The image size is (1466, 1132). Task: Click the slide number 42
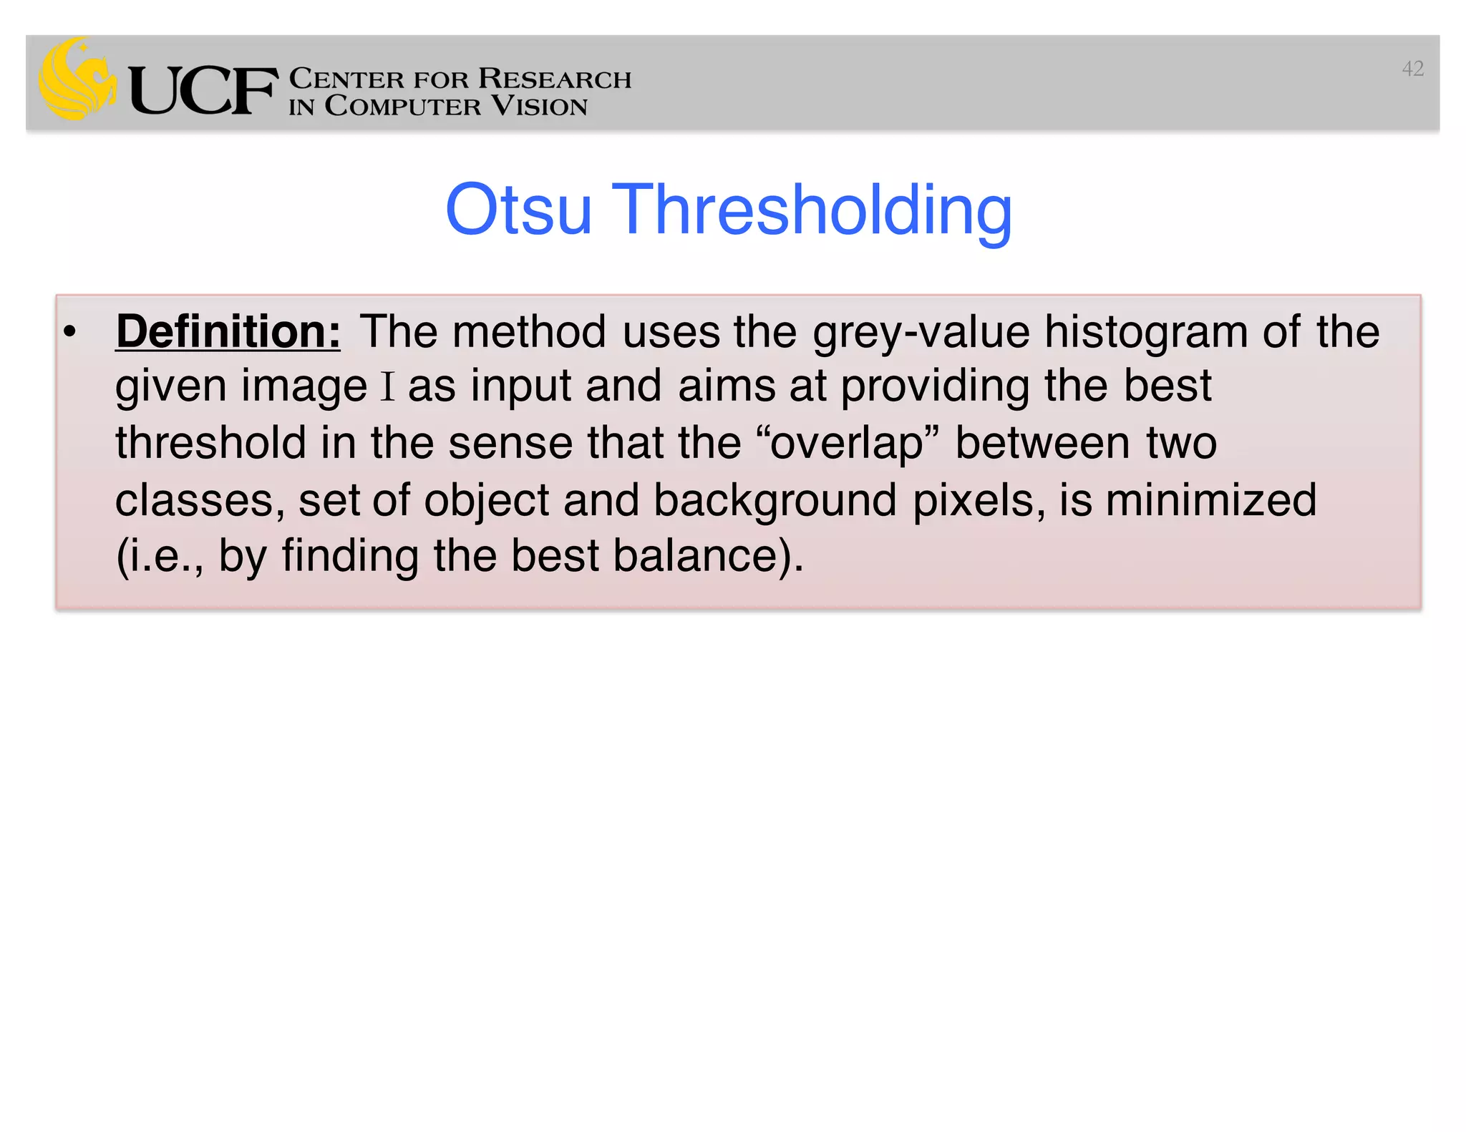click(x=1412, y=69)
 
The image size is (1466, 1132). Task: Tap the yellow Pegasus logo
click(x=77, y=79)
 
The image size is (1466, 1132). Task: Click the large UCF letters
click(x=203, y=90)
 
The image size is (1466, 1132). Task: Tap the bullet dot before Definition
click(x=69, y=332)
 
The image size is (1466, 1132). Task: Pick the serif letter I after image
click(x=387, y=387)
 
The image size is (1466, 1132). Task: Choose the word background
click(x=775, y=500)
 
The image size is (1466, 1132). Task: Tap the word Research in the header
click(x=554, y=78)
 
